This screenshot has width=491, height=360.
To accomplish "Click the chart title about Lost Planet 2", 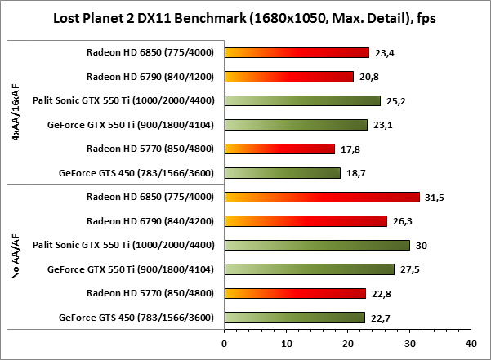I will [x=245, y=17].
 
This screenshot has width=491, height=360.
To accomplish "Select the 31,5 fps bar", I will [x=321, y=197].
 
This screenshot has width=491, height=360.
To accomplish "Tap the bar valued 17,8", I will [x=279, y=149].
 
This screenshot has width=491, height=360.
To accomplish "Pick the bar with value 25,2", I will [x=302, y=100].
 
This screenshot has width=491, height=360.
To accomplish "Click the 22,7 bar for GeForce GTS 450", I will [x=294, y=318].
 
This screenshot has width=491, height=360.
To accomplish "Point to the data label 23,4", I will [x=386, y=53].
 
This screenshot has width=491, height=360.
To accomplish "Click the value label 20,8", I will [x=369, y=77].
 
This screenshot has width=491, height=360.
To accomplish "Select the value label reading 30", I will [x=421, y=245].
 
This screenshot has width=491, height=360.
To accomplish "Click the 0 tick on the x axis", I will [x=225, y=344].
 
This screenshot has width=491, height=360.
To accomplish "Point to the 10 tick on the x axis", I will [x=286, y=344].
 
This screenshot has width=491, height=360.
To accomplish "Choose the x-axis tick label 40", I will [x=470, y=344].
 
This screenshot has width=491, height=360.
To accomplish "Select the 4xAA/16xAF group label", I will [x=16, y=113].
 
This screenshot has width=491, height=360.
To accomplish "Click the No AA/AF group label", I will [x=16, y=256].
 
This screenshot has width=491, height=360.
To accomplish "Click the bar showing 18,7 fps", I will [x=282, y=173].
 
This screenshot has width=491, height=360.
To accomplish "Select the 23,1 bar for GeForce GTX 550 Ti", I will [x=296, y=125].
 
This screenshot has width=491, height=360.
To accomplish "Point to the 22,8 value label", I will [x=382, y=293].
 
